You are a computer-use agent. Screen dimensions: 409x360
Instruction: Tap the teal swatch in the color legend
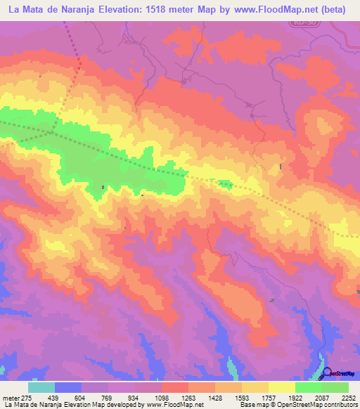[x=41, y=387]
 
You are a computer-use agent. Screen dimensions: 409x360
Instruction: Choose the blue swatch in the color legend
[x=68, y=387]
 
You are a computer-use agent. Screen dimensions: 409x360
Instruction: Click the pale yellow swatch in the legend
[x=282, y=387]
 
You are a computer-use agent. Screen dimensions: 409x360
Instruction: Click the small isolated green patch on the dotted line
[x=225, y=184]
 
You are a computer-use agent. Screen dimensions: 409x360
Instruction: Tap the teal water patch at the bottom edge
[x=232, y=369]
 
